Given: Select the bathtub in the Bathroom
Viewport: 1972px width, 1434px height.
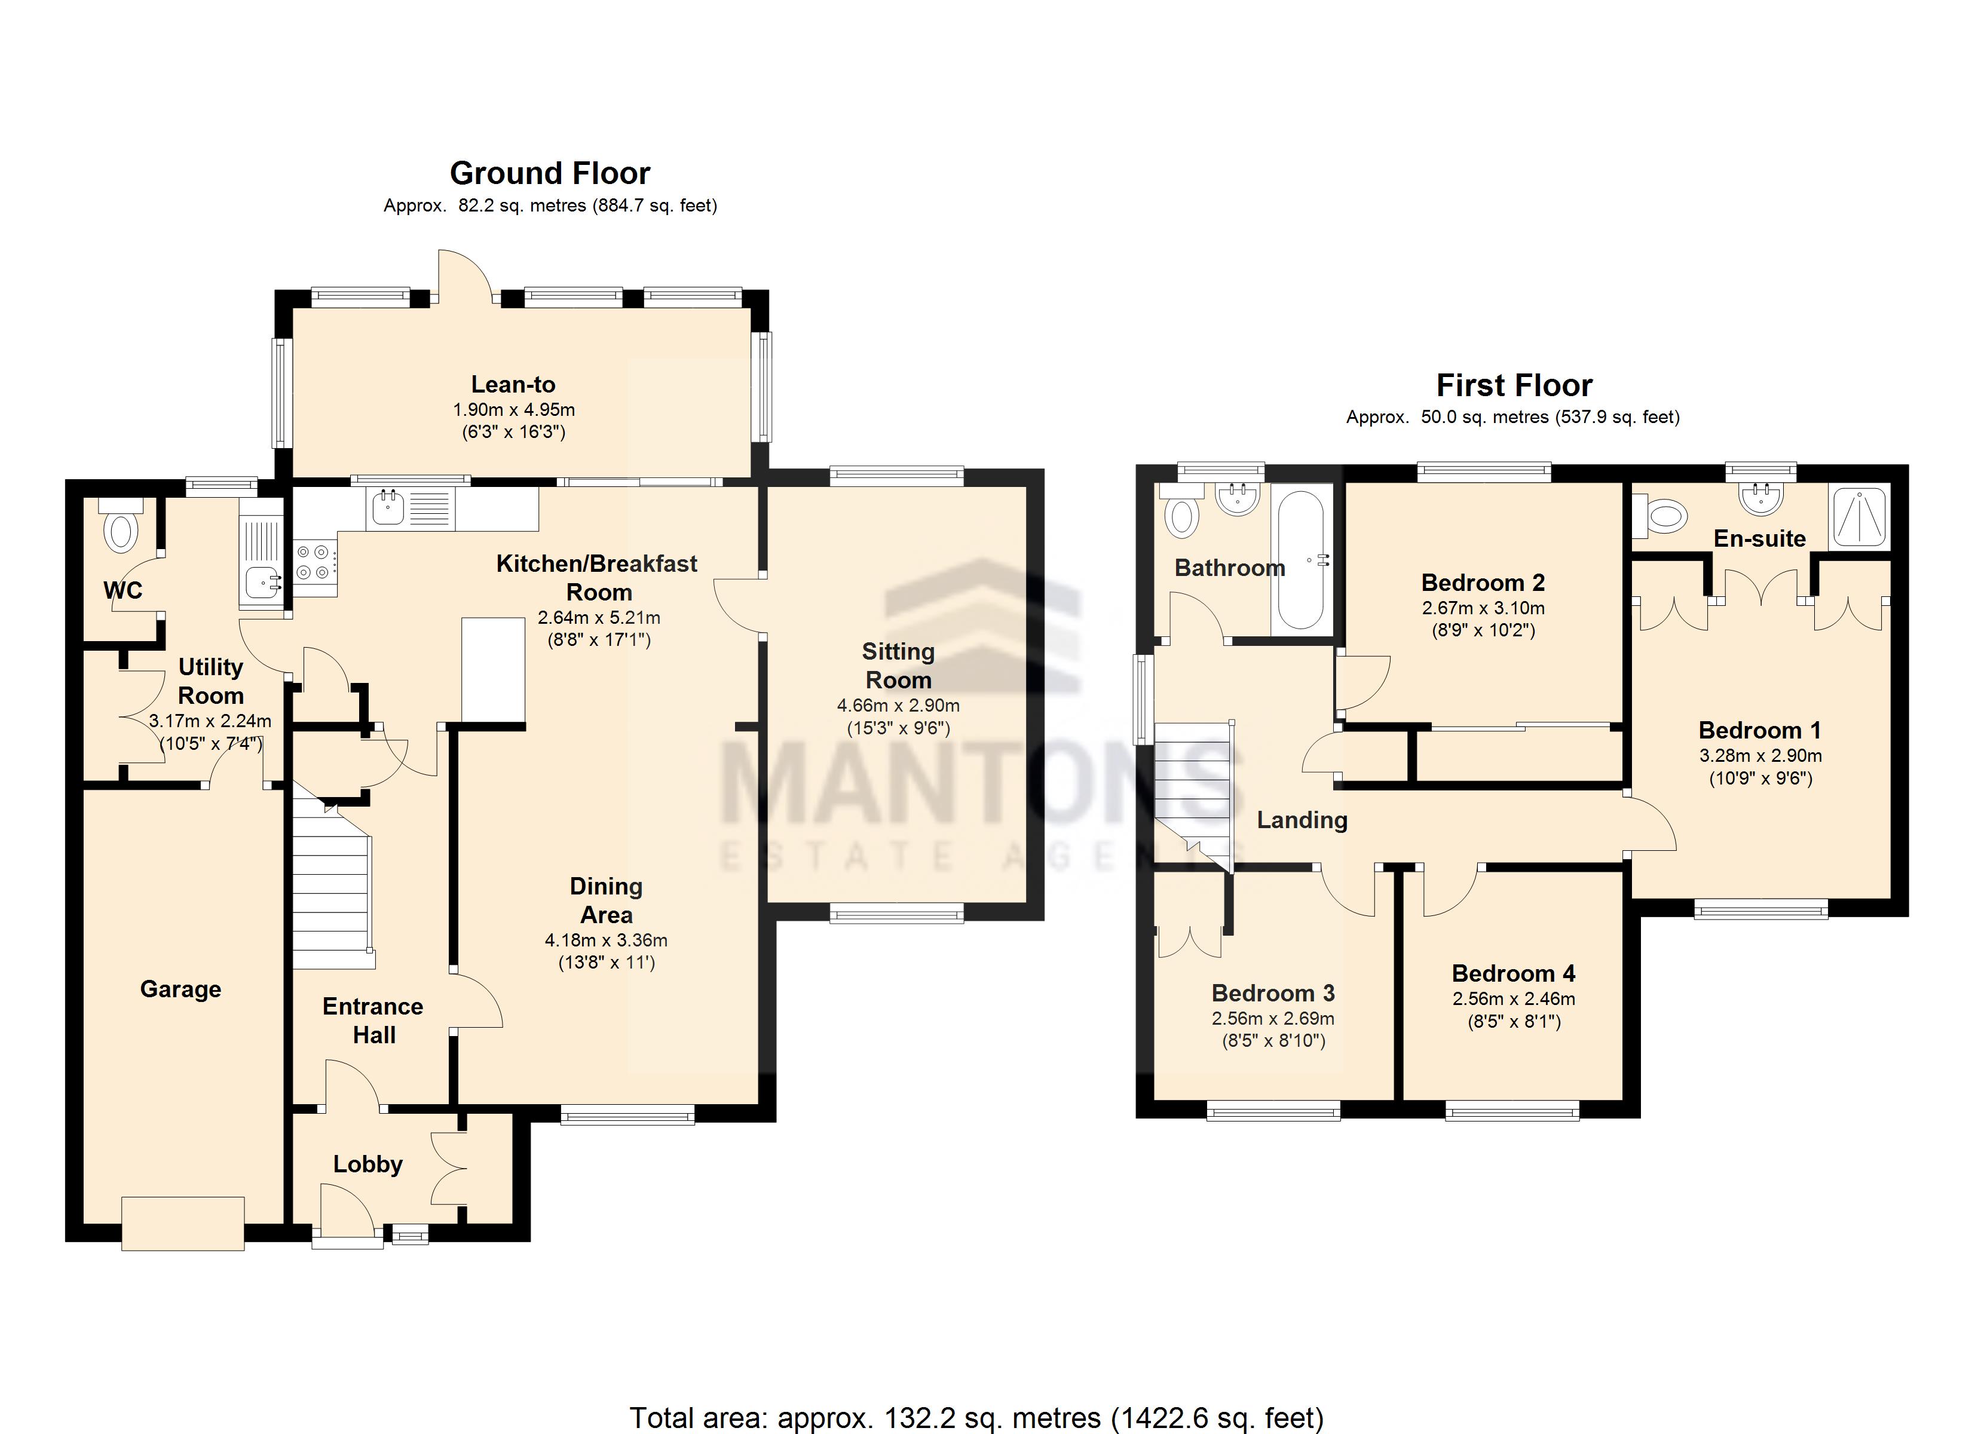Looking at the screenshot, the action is point(1301,559).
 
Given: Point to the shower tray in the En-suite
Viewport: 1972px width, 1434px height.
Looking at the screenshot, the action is point(1860,517).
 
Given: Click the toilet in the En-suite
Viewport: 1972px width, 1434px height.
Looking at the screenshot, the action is point(1660,517).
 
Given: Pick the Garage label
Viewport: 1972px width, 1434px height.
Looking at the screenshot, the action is point(181,989).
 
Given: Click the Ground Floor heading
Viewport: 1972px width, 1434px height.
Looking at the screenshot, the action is point(550,173).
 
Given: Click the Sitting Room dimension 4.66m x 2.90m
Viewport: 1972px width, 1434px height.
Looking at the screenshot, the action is point(898,705).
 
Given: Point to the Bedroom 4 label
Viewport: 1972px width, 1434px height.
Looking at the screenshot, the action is point(1513,974).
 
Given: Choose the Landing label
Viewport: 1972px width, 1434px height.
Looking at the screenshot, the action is point(1302,820).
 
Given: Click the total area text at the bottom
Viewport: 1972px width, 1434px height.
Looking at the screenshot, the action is point(976,1417).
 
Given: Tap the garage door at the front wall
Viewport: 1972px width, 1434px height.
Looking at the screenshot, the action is point(183,1224).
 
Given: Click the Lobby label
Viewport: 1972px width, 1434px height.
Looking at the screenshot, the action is point(368,1165).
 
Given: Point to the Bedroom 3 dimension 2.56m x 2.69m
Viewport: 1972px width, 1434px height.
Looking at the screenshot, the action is point(1273,1018).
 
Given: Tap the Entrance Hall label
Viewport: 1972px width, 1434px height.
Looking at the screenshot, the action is point(373,1020).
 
